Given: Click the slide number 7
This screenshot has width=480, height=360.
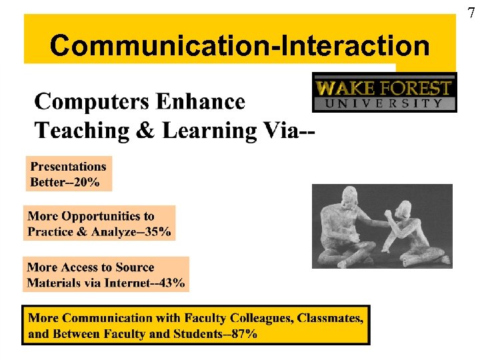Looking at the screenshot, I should coord(472,12).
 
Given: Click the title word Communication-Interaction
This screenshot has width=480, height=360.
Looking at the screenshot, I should coord(239,46).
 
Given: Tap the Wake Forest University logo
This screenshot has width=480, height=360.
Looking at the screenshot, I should coord(385,92).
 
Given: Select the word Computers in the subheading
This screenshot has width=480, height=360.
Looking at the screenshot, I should coord(91,102).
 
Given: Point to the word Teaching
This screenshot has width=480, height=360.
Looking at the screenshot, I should coord(76,130).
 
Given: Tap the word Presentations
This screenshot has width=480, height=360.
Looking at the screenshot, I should coord(69,166).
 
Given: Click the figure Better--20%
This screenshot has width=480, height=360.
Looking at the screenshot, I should coord(65,182).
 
